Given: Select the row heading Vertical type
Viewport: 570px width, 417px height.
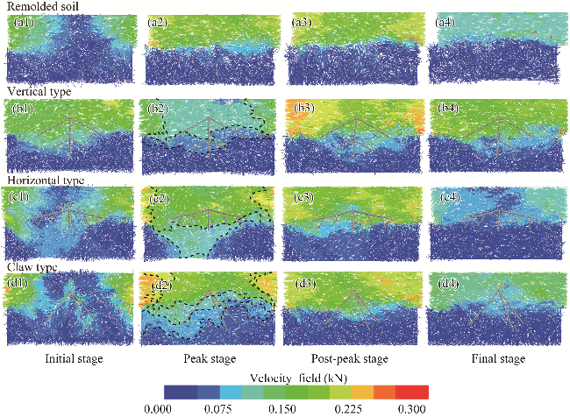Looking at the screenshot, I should click(x=37, y=91).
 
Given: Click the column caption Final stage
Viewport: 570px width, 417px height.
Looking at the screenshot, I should click(x=493, y=359).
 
